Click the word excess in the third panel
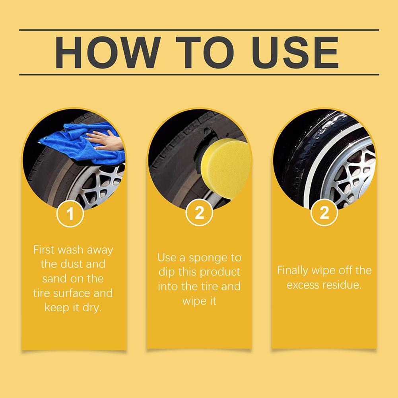tap(303, 285)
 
